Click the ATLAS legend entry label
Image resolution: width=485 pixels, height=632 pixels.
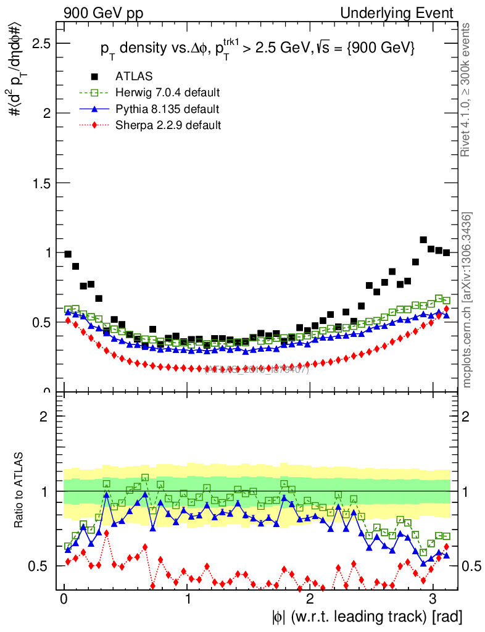click(x=134, y=77)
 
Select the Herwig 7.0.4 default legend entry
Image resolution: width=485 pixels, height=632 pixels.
click(x=167, y=93)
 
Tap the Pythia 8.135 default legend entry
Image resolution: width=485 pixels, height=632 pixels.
click(x=167, y=109)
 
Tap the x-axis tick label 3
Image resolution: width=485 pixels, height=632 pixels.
click(x=433, y=599)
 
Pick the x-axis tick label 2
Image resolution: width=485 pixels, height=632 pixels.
click(x=310, y=599)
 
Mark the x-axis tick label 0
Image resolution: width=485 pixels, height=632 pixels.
click(x=64, y=599)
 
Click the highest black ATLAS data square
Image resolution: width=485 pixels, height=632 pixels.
click(x=423, y=239)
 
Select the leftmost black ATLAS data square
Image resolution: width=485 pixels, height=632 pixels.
click(x=68, y=254)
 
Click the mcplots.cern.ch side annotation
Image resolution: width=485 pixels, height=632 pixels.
click(x=466, y=299)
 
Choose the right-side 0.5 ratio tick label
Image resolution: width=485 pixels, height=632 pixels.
click(x=472, y=566)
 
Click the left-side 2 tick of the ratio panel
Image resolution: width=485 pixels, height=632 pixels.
click(x=44, y=417)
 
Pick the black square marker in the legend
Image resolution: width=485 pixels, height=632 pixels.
click(x=94, y=77)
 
